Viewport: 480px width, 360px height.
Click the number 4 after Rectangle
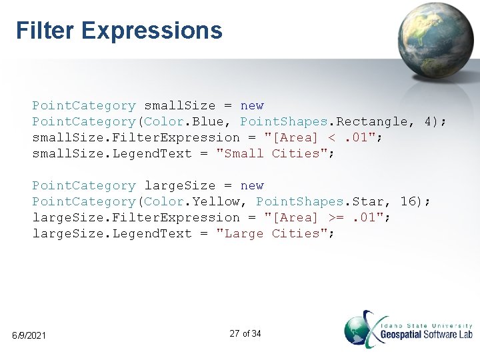pyautogui.click(x=428, y=121)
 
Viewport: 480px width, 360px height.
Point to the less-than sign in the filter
pyautogui.click(x=332, y=137)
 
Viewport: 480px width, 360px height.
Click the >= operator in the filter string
pyautogui.click(x=336, y=217)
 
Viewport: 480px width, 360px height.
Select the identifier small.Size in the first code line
pyautogui.click(x=180, y=105)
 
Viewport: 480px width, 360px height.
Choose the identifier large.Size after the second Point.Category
pyautogui.click(x=180, y=185)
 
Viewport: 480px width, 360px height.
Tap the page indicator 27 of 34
pyautogui.click(x=245, y=333)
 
